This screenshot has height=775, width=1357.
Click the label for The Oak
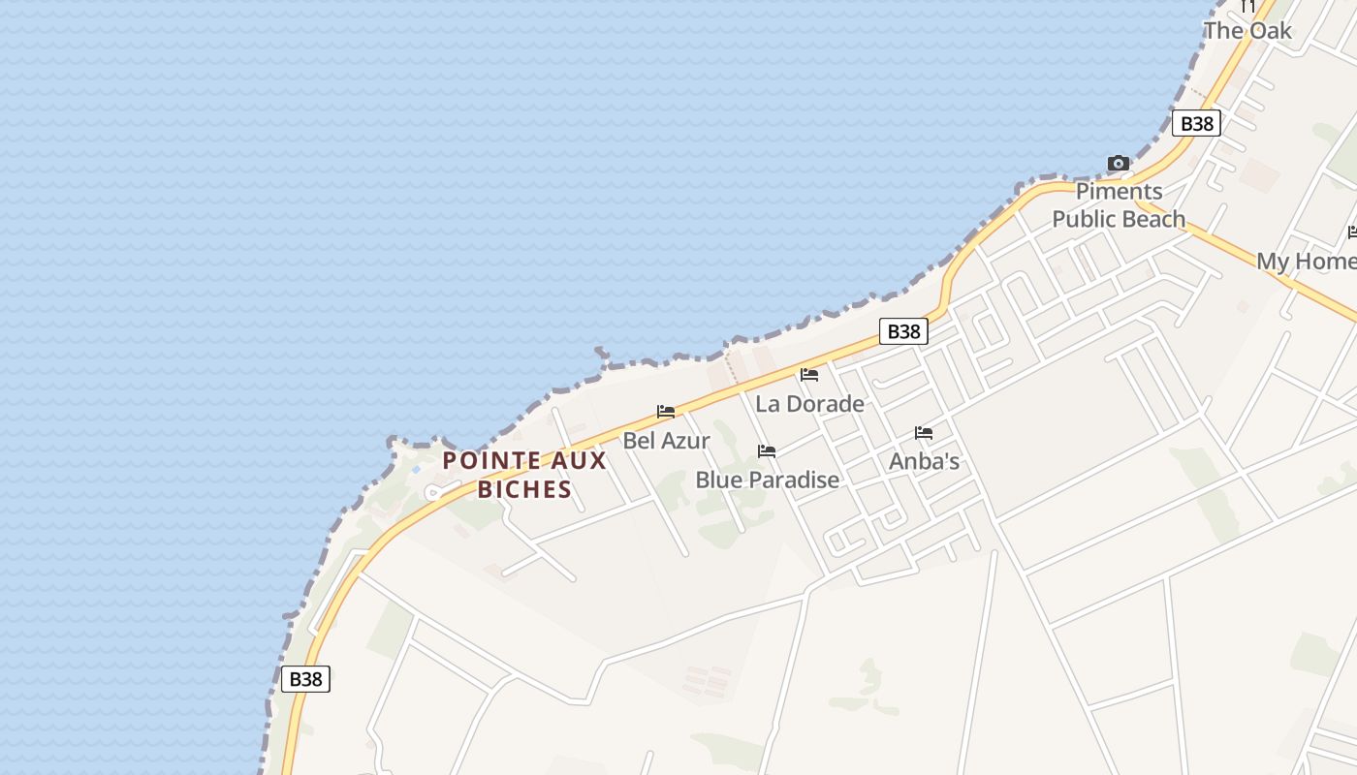pyautogui.click(x=1247, y=30)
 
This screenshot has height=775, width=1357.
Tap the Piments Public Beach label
pyautogui.click(x=1119, y=205)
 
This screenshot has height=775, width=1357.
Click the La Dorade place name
pyautogui.click(x=809, y=403)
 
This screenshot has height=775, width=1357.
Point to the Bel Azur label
pyautogui.click(x=666, y=440)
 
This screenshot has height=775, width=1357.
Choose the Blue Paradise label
pyautogui.click(x=767, y=480)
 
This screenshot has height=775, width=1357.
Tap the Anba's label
pyautogui.click(x=924, y=461)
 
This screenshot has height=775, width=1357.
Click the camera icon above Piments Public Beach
pyautogui.click(x=1118, y=164)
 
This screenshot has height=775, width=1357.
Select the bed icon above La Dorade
pyautogui.click(x=809, y=375)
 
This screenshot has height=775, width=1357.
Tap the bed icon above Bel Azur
pyautogui.click(x=666, y=412)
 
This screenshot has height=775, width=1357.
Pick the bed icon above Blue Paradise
pyautogui.click(x=767, y=451)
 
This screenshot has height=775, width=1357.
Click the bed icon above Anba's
pyautogui.click(x=924, y=433)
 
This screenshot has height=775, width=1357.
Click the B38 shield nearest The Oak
pyautogui.click(x=1197, y=123)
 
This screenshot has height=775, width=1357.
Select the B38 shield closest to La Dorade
pyautogui.click(x=903, y=331)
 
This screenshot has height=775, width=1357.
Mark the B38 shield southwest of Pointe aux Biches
pyautogui.click(x=305, y=678)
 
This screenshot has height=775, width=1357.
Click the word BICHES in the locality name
pyautogui.click(x=524, y=489)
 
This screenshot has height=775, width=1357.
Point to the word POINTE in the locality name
pyautogui.click(x=489, y=460)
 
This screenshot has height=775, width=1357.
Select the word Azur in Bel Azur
pyautogui.click(x=687, y=440)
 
